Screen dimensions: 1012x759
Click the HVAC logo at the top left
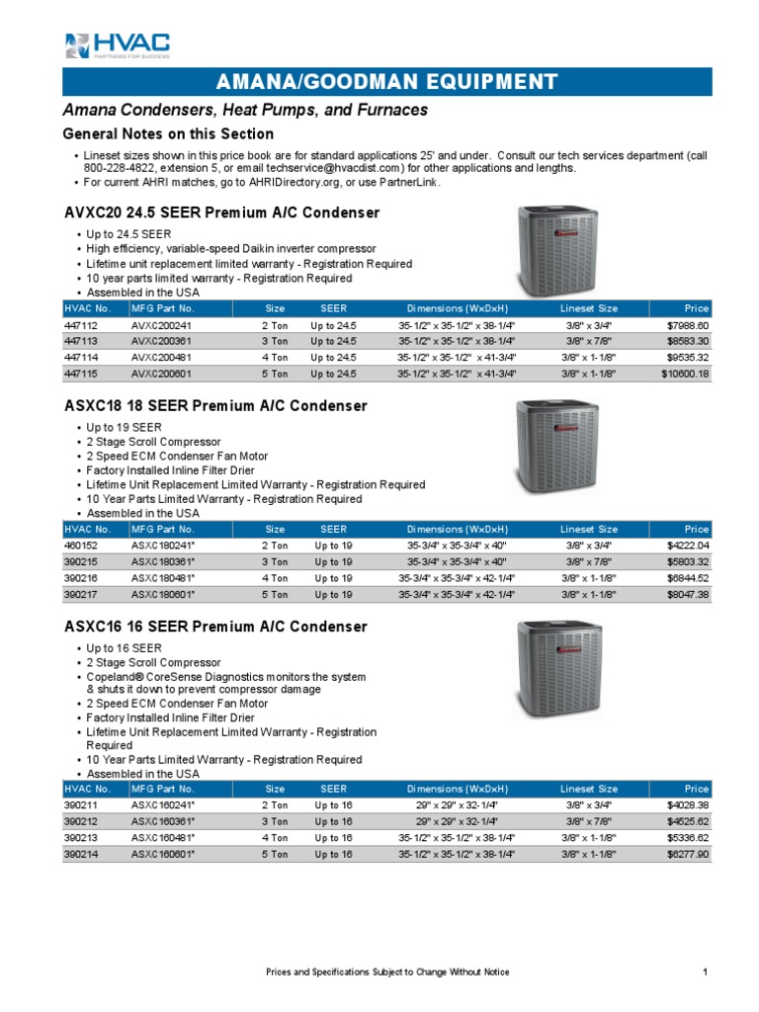coord(117,44)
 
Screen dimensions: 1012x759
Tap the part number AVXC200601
coord(165,374)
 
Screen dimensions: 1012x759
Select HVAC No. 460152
coord(81,546)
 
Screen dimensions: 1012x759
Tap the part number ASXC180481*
coord(164,578)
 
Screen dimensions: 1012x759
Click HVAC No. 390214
coord(81,854)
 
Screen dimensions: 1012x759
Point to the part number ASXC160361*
coord(164,821)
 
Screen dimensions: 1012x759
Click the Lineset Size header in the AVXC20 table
coord(589,308)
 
